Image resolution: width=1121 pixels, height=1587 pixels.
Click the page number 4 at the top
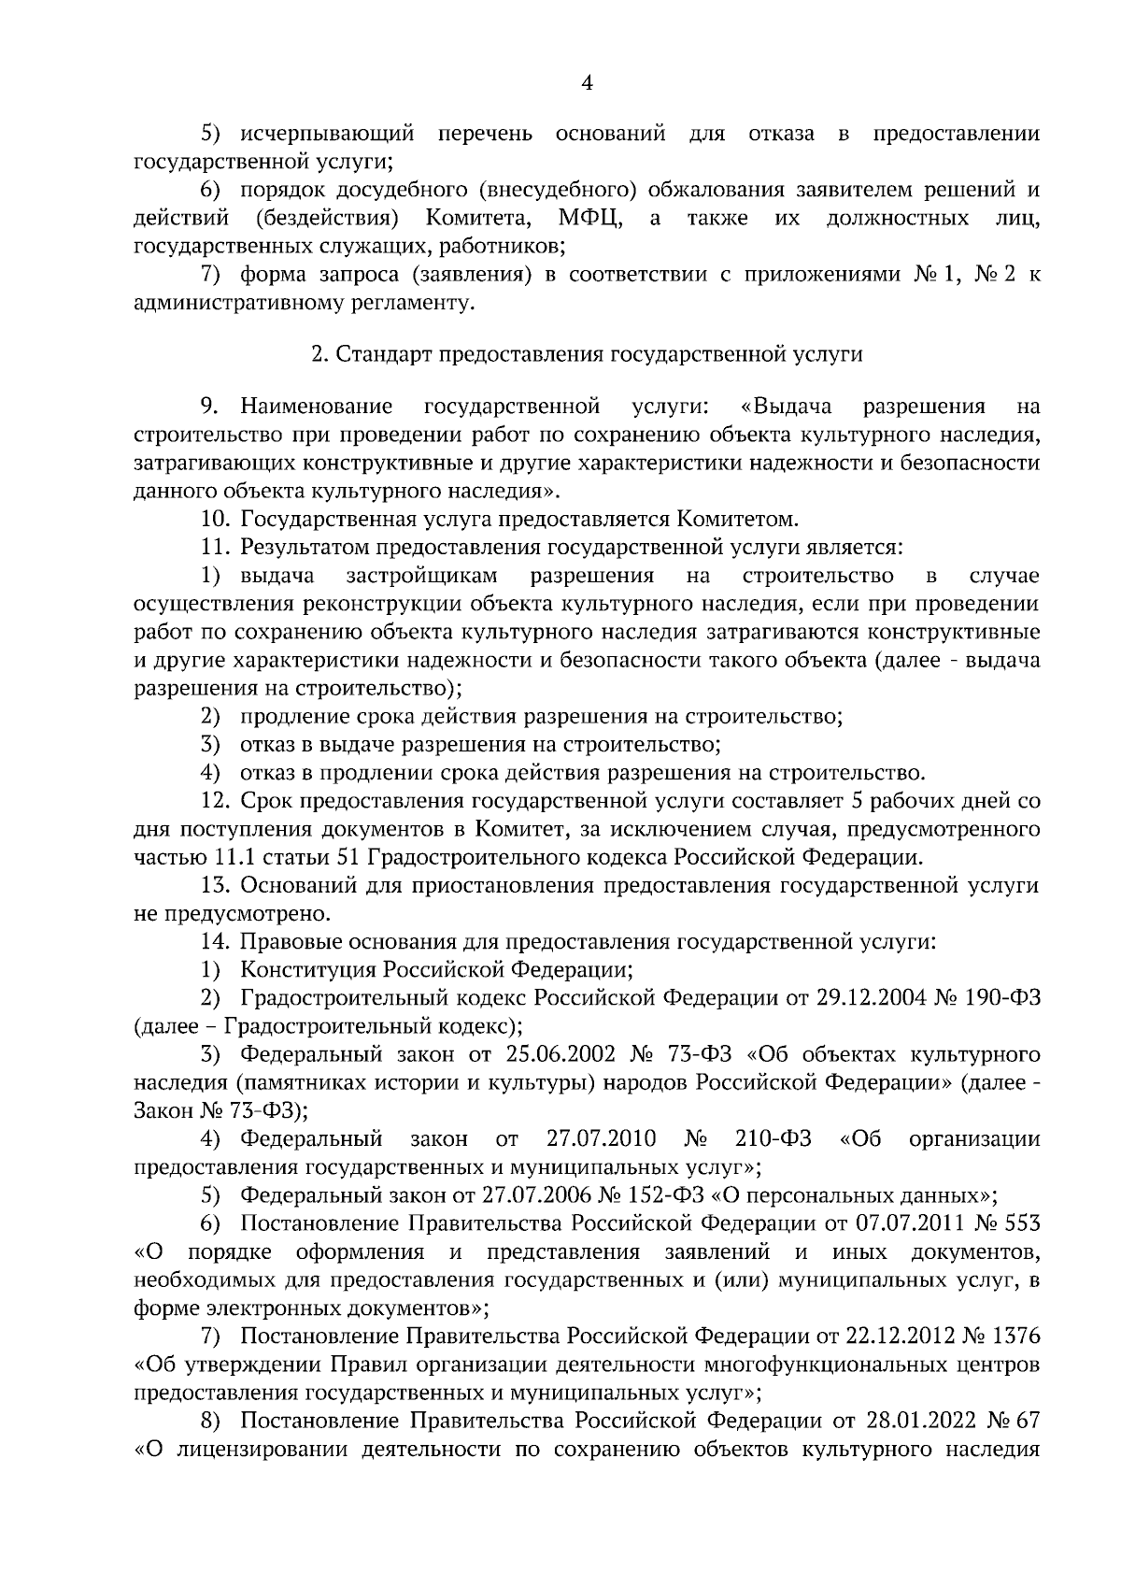tap(587, 84)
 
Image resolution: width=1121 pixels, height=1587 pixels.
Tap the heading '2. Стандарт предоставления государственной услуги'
tap(587, 355)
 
